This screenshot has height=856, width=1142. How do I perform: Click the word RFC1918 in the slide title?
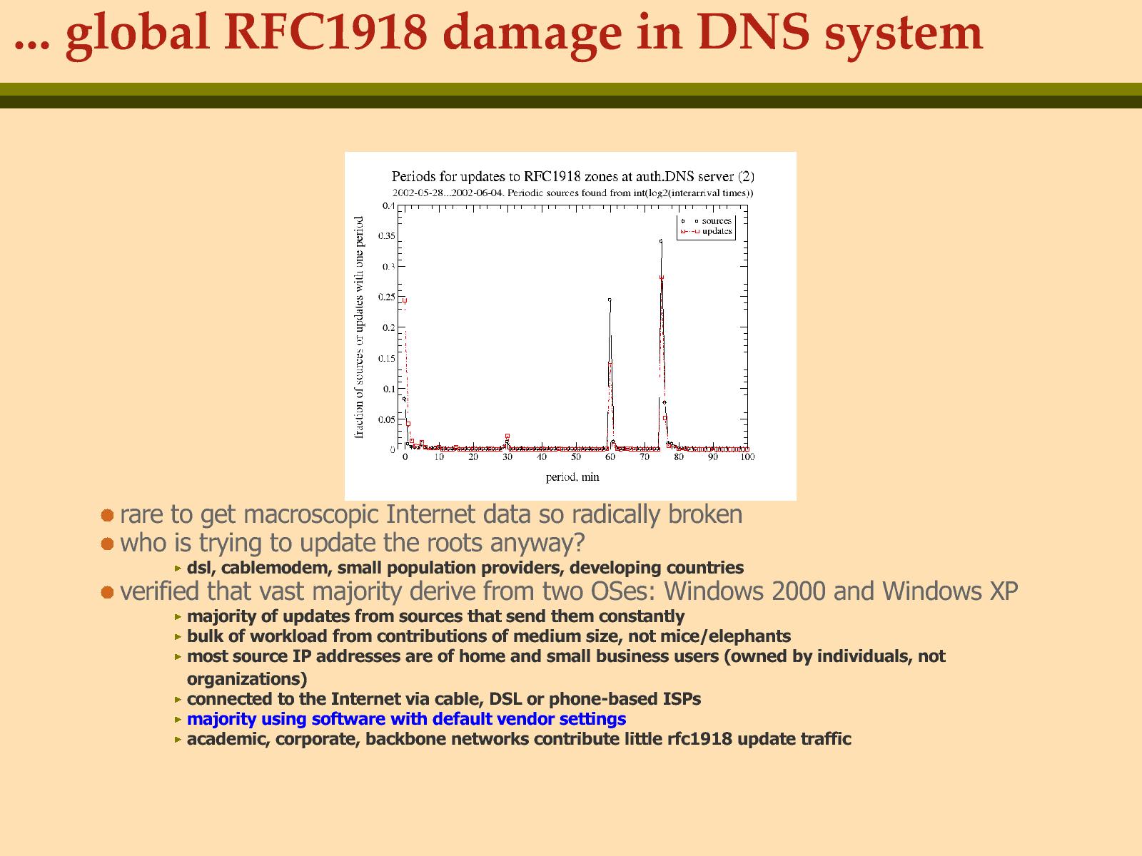tap(325, 33)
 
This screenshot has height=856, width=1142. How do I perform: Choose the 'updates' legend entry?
tap(706, 231)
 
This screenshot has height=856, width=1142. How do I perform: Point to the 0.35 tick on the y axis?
tap(387, 236)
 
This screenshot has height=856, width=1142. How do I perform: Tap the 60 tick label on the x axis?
tap(610, 457)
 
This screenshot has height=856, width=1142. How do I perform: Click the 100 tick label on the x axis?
tap(747, 457)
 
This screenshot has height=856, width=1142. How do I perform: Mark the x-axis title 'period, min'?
tap(572, 477)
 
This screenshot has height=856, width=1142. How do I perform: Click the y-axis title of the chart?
tap(359, 327)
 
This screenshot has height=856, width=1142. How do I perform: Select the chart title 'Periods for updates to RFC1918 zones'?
tap(573, 177)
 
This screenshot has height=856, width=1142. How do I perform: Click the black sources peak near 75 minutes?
tap(661, 241)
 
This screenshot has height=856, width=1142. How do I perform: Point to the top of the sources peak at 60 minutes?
tap(610, 300)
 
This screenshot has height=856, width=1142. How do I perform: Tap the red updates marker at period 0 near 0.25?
tap(405, 300)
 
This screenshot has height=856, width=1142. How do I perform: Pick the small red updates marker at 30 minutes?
tap(507, 436)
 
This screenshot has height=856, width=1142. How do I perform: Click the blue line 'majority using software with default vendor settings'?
tap(406, 719)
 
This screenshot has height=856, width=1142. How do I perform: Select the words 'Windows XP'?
tap(950, 591)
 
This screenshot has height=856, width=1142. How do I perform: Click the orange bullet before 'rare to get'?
tap(107, 516)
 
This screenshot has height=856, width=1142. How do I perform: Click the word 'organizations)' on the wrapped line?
tap(247, 679)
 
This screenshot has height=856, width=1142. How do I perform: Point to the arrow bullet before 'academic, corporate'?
tap(178, 739)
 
